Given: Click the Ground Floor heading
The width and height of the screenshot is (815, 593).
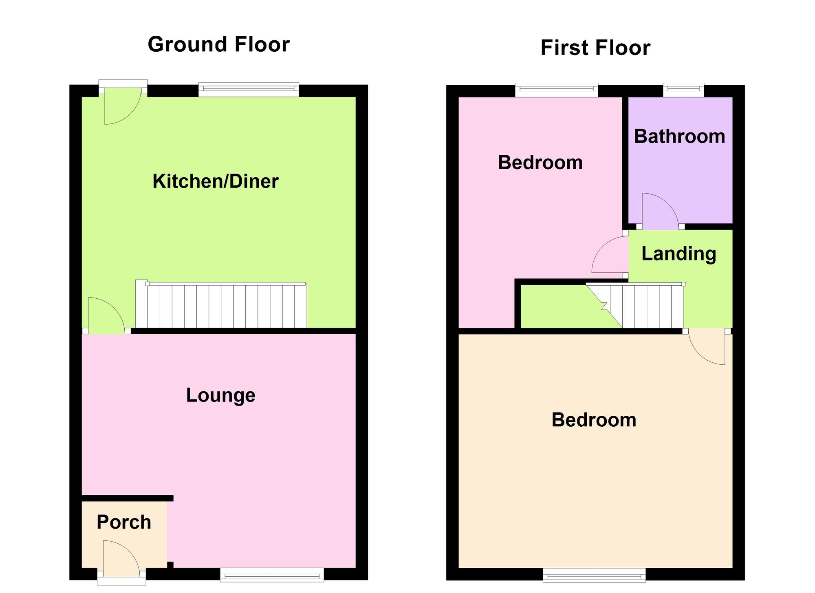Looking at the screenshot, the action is [218, 44].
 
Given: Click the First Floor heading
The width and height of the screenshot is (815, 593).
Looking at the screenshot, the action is [595, 48].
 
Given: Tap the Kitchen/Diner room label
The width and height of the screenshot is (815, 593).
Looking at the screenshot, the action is [215, 181].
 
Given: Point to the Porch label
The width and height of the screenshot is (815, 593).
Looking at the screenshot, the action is [124, 522].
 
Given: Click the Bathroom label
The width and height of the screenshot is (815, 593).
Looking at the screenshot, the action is [679, 136].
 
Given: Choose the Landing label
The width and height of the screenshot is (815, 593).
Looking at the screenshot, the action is [679, 254].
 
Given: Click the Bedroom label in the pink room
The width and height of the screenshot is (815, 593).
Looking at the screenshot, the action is [540, 163].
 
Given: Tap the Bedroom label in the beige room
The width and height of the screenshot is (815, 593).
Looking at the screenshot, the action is [594, 420].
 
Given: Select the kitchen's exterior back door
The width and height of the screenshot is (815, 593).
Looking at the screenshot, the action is [122, 106].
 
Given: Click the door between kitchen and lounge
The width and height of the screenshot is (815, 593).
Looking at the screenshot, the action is [106, 316].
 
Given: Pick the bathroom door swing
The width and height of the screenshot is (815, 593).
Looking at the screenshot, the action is [661, 211].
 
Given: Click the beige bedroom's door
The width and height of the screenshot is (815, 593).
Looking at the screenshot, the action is [707, 346].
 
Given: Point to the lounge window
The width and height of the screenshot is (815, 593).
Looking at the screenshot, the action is [272, 575].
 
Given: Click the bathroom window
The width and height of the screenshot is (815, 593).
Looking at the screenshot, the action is [683, 90].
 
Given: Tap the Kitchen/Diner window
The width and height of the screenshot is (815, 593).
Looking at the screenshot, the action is [249, 90].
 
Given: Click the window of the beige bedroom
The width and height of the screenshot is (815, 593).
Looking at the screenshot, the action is [594, 575].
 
